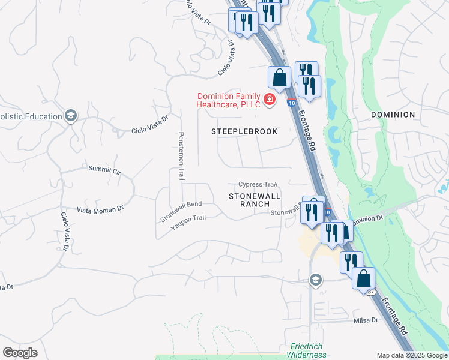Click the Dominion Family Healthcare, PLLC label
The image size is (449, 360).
point(229,100)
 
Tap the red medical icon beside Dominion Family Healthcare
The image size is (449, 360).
point(270,99)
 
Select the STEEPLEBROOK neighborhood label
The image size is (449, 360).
point(244,131)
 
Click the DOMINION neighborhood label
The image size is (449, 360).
point(393,115)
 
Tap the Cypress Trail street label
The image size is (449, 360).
point(258,185)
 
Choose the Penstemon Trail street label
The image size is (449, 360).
point(181,156)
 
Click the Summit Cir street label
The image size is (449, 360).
point(104,170)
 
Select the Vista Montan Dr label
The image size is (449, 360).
point(100,209)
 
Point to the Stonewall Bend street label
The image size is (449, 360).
point(181,212)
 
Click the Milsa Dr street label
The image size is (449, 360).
point(366,320)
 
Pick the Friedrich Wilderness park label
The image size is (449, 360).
point(309,350)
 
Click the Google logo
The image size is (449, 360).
point(20,353)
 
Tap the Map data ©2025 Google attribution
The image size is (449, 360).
point(412,355)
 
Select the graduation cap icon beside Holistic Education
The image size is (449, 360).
point(71,115)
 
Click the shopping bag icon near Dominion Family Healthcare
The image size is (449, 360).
point(279,77)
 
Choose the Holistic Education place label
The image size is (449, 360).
point(30,115)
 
